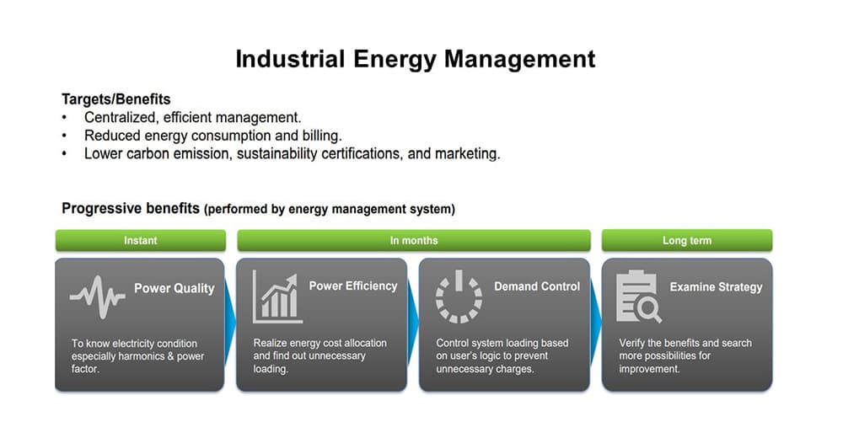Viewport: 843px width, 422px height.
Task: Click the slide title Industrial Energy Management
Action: [x=415, y=59]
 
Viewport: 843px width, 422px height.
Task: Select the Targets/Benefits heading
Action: [x=116, y=99]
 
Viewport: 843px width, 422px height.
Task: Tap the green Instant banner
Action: [x=140, y=241]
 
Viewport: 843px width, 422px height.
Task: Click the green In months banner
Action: [x=414, y=241]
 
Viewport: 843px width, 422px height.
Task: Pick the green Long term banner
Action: [x=687, y=241]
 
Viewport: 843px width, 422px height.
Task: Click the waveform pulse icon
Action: [x=97, y=296]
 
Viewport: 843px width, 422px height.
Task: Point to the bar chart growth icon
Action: [x=277, y=296]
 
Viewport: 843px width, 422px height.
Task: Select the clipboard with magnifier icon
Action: [x=638, y=296]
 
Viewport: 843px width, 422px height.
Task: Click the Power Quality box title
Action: [x=175, y=288]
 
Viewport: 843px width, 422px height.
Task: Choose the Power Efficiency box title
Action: [x=353, y=286]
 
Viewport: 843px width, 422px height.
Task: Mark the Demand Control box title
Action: [x=537, y=286]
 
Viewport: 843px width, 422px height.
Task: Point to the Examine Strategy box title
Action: [x=716, y=287]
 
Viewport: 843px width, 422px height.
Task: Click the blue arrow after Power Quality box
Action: [x=229, y=323]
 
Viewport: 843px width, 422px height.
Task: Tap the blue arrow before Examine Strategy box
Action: [x=596, y=323]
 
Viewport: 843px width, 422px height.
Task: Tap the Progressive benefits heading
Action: [x=131, y=208]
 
